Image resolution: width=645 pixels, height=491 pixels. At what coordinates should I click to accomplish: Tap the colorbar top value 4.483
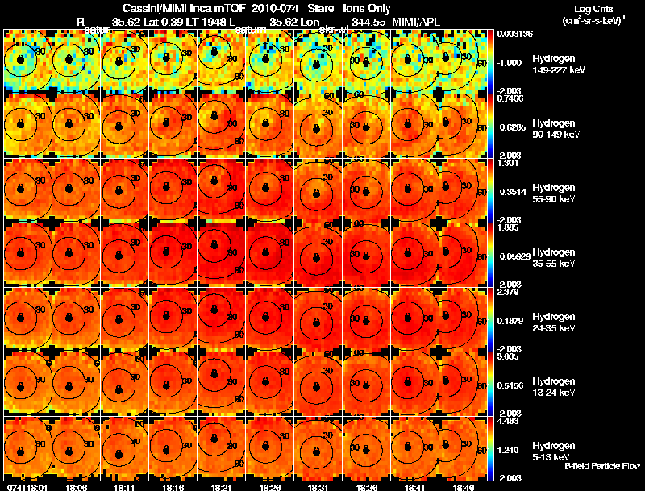click(508, 420)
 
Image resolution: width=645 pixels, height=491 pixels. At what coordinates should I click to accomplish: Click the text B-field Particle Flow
click(602, 466)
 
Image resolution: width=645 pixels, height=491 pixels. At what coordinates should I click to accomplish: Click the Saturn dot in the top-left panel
click(20, 60)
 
